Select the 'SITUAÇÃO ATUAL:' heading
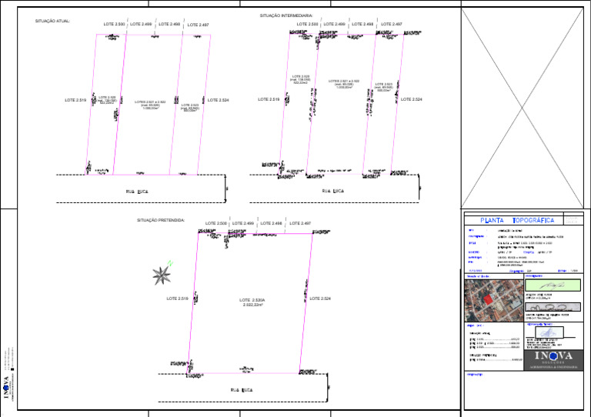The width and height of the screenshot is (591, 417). [52, 22]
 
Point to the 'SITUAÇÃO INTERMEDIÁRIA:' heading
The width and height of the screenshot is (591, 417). [286, 15]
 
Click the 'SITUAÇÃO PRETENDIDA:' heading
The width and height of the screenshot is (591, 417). [161, 220]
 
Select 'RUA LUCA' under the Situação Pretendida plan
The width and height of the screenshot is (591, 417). [242, 390]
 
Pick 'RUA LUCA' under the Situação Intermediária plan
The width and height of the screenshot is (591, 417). [332, 189]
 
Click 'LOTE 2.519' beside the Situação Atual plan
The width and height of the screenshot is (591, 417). [75, 100]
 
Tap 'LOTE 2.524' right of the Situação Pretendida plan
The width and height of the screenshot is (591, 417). [320, 299]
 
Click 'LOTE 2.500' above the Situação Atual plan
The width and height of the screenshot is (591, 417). [114, 25]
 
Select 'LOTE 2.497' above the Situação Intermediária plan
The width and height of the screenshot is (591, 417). [392, 25]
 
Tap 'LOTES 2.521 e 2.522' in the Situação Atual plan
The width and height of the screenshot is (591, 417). [150, 104]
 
